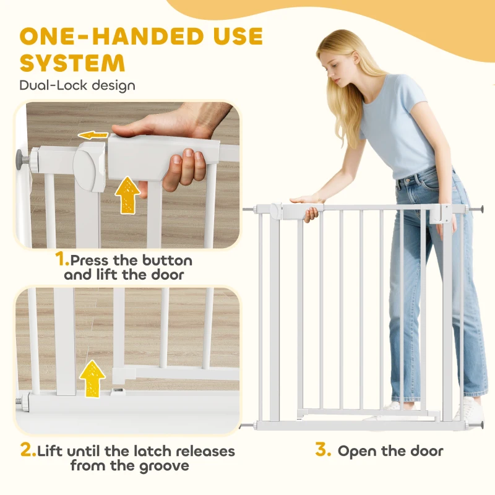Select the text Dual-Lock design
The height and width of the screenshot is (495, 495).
click(77, 85)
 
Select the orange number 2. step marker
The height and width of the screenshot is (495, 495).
click(28, 450)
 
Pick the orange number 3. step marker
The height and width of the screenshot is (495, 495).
click(323, 450)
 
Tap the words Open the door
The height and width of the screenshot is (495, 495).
click(390, 450)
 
